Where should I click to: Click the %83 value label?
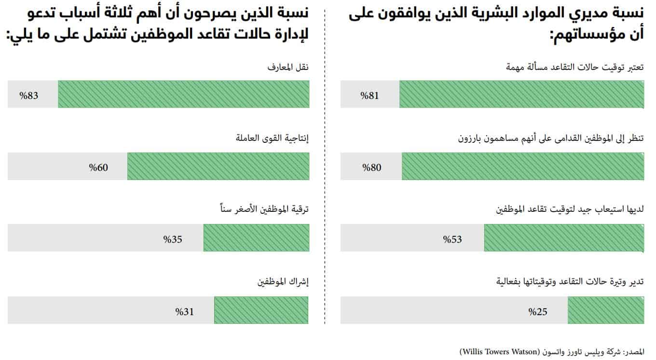pyautogui.click(x=28, y=95)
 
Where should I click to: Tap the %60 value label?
pyautogui.click(x=98, y=167)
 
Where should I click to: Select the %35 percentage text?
pyautogui.click(x=172, y=238)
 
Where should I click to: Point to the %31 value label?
pyautogui.click(x=184, y=311)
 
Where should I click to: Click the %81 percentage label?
pyautogui.click(x=370, y=95)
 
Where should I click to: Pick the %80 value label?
pyautogui.click(x=372, y=167)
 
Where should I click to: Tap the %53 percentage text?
pyautogui.click(x=452, y=238)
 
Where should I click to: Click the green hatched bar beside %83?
pyautogui.click(x=183, y=94)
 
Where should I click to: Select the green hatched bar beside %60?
pyautogui.click(x=218, y=166)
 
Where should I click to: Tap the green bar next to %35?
pyautogui.click(x=256, y=238)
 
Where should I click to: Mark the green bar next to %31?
pyautogui.click(x=261, y=310)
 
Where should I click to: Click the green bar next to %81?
pyautogui.click(x=521, y=94)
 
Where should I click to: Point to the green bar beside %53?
pyautogui.click(x=563, y=238)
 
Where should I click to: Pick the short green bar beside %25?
pyautogui.click(x=605, y=310)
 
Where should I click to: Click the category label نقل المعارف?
pyautogui.click(x=288, y=68)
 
